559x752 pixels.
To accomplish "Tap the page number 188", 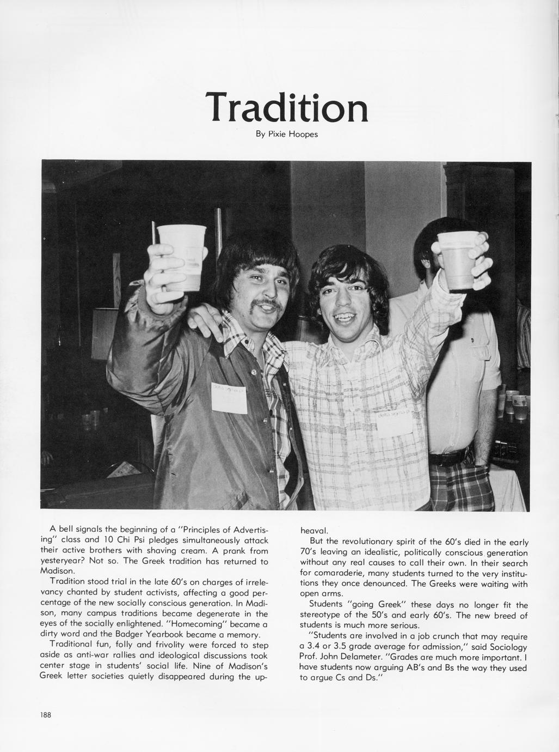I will pyautogui.click(x=45, y=715).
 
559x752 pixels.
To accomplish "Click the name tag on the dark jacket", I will pyautogui.click(x=229, y=397).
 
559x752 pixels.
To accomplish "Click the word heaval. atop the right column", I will pyautogui.click(x=315, y=530).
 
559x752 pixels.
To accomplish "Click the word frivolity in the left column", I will pyautogui.click(x=176, y=645).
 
